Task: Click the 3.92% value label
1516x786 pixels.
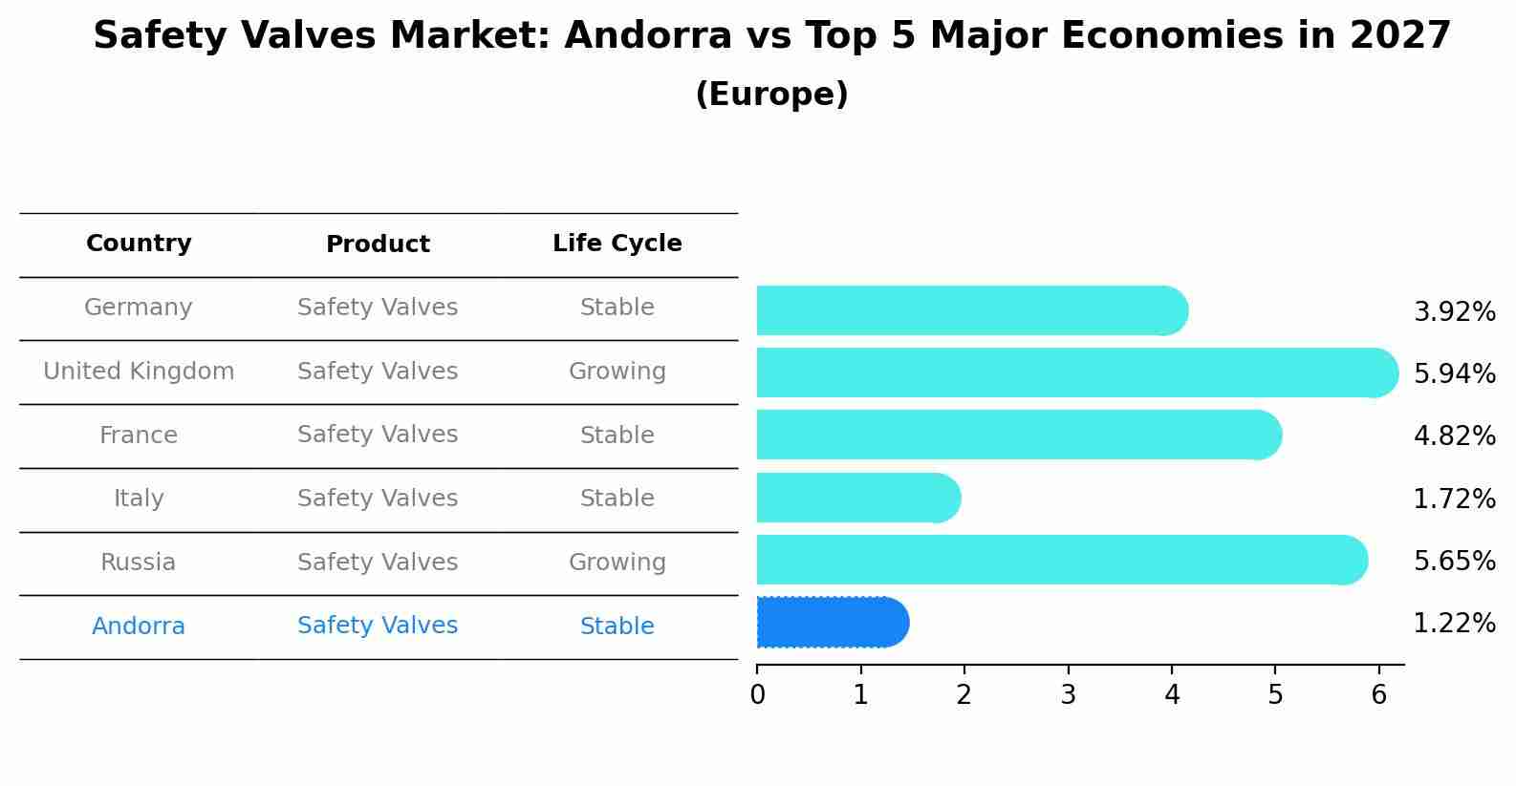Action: tap(1454, 312)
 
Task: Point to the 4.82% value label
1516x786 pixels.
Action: tap(1454, 436)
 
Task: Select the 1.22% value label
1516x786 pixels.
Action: tap(1454, 624)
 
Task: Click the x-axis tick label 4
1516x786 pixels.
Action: tap(1172, 695)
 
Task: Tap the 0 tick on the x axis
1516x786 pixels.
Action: tap(758, 695)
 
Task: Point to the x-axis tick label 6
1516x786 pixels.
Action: tap(1378, 695)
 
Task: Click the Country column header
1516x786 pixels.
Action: tap(139, 244)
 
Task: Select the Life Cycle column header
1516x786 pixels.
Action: tap(617, 244)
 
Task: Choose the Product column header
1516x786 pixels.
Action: tap(378, 244)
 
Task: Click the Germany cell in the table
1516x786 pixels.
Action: tap(139, 308)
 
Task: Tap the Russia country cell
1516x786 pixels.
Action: tap(139, 563)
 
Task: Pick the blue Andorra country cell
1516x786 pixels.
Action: tap(139, 627)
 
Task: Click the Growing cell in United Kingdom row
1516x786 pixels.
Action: tap(617, 372)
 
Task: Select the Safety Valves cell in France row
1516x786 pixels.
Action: tap(378, 435)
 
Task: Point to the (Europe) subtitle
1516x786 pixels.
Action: tap(771, 95)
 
